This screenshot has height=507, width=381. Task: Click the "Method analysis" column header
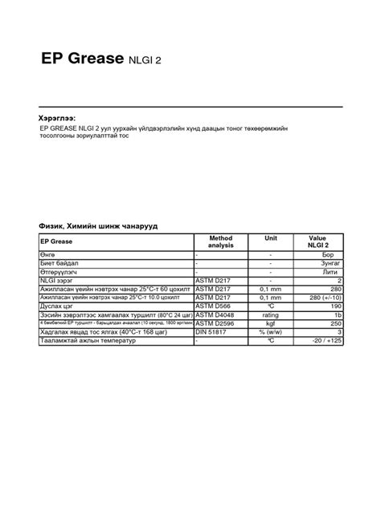pos(220,241)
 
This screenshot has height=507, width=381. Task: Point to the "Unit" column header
pos(271,238)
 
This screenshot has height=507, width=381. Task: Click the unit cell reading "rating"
pos(271,315)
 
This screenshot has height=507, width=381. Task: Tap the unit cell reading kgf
pos(271,324)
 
